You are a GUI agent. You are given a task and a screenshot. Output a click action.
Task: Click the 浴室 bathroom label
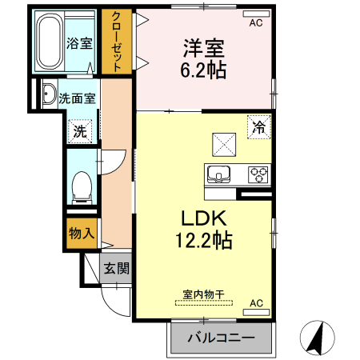pyautogui.click(x=78, y=43)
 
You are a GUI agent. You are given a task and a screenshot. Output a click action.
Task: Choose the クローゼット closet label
pyautogui.click(x=117, y=42)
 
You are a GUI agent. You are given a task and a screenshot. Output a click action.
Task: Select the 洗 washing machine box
pyautogui.click(x=81, y=130)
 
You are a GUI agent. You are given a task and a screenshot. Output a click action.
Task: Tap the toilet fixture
pyautogui.click(x=80, y=187)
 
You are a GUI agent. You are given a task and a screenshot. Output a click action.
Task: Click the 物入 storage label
pyautogui.click(x=82, y=234)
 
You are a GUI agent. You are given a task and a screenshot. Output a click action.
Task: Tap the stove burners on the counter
pyautogui.click(x=259, y=172)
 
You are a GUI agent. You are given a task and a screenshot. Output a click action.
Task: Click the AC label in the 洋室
pyautogui.click(x=256, y=23)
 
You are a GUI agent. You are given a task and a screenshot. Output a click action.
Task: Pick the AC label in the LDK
pyautogui.click(x=256, y=303)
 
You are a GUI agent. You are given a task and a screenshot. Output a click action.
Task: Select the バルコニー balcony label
pyautogui.click(x=222, y=338)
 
